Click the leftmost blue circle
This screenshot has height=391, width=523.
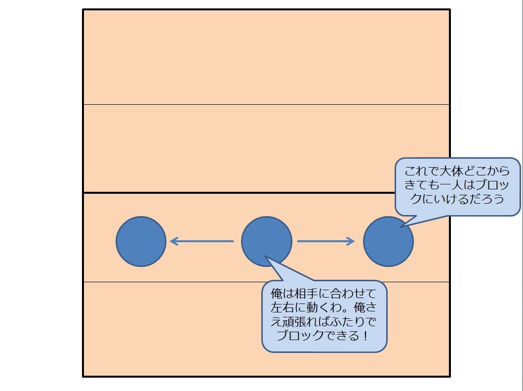pyautogui.click(x=141, y=242)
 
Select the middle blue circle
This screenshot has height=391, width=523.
pyautogui.click(x=266, y=242)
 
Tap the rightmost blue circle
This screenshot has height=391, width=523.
pyautogui.click(x=388, y=242)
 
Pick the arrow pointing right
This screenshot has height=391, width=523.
pyautogui.click(x=326, y=241)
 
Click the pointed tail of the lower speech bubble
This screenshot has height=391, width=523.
pyautogui.click(x=269, y=260)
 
